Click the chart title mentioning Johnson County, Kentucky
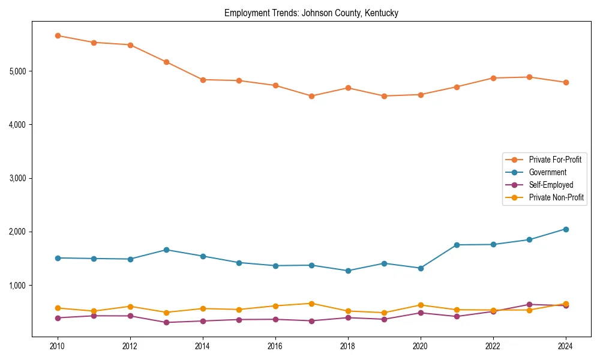coord(311,13)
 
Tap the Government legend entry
coord(547,172)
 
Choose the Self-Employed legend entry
coord(551,185)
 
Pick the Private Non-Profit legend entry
coord(556,197)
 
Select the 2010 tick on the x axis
coord(58,346)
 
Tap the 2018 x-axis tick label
coord(348,346)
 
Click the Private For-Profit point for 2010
coord(58,35)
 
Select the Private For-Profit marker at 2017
coord(311,96)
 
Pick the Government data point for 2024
coord(566,229)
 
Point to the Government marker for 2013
coord(166,250)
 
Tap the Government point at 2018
coord(348,271)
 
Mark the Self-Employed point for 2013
coord(166,322)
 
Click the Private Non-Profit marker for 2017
coord(311,304)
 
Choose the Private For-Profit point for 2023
coord(529,77)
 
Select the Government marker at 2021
coord(457,245)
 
